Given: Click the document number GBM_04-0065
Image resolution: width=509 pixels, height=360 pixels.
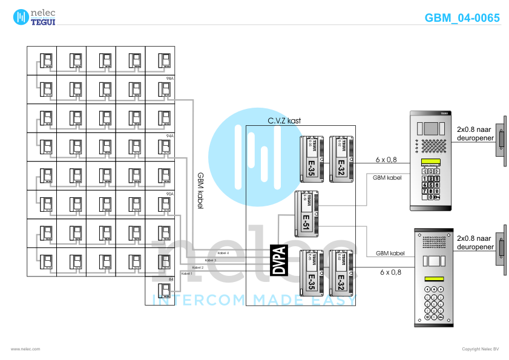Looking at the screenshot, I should (x=462, y=18).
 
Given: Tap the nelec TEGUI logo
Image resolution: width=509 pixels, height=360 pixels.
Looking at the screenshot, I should (x=36, y=17).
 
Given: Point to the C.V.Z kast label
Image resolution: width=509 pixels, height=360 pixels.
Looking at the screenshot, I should (x=284, y=120).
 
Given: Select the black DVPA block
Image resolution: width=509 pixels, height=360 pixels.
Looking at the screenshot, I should (x=279, y=260).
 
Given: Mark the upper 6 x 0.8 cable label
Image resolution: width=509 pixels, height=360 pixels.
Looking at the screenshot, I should (x=386, y=160).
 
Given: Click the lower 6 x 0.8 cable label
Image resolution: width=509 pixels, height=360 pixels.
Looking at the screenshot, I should (x=390, y=272).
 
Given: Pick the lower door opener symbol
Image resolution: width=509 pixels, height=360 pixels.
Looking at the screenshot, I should (x=501, y=249).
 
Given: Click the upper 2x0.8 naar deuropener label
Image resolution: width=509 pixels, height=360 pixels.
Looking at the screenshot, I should (x=475, y=133).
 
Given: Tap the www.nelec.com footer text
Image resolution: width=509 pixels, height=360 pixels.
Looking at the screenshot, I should (x=25, y=349).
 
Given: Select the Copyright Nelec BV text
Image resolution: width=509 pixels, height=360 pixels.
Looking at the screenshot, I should (x=480, y=349).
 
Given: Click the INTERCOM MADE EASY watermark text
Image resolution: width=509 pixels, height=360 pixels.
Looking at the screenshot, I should (x=254, y=299).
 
